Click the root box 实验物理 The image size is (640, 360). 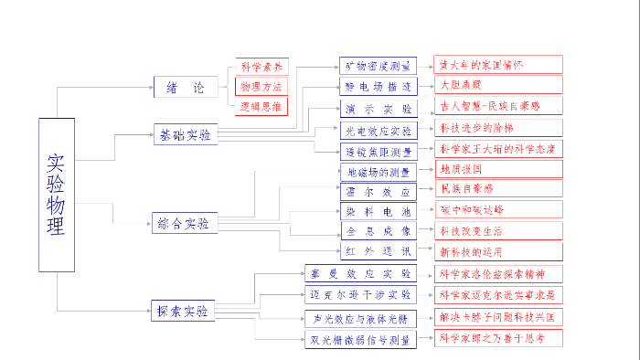[x=56, y=195]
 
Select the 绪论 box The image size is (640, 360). [x=186, y=88]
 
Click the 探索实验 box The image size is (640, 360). [x=183, y=312]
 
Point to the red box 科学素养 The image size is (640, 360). [x=261, y=67]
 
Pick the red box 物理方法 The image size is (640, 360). [x=261, y=86]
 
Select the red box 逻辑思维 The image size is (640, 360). [x=261, y=106]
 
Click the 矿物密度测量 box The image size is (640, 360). [x=378, y=66]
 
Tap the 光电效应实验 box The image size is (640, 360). [x=379, y=130]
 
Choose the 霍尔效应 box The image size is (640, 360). [x=378, y=190]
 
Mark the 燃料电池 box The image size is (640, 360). [x=379, y=210]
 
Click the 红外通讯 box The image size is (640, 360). [x=379, y=250]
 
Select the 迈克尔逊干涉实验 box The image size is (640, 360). [x=360, y=294]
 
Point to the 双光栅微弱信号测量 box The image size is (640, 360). [x=360, y=339]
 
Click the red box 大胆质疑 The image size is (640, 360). [x=497, y=85]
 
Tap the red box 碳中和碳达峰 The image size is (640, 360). [x=497, y=210]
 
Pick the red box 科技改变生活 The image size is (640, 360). [x=497, y=230]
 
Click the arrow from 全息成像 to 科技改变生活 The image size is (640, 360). [x=425, y=230]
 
